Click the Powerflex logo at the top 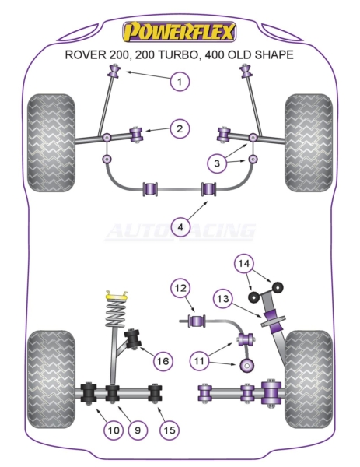pyautogui.click(x=180, y=32)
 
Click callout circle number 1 pyautogui.click(x=180, y=81)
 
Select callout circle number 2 pyautogui.click(x=180, y=129)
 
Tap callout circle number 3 pyautogui.click(x=217, y=163)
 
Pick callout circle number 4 pyautogui.click(x=180, y=227)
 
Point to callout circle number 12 pyautogui.click(x=180, y=288)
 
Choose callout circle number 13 pyautogui.click(x=223, y=298)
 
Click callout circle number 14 pyautogui.click(x=243, y=263)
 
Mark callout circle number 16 pyautogui.click(x=163, y=361)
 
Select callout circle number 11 pyautogui.click(x=199, y=360)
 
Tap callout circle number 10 pyautogui.click(x=114, y=430)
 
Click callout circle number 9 pyautogui.click(x=138, y=430)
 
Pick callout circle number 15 pyautogui.click(x=170, y=430)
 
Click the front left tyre pyautogui.click(x=51, y=143)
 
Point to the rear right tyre pyautogui.click(x=309, y=379)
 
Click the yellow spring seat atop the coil pyautogui.click(x=117, y=296)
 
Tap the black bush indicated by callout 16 pyautogui.click(x=133, y=339)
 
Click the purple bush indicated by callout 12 pyautogui.click(x=197, y=321)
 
